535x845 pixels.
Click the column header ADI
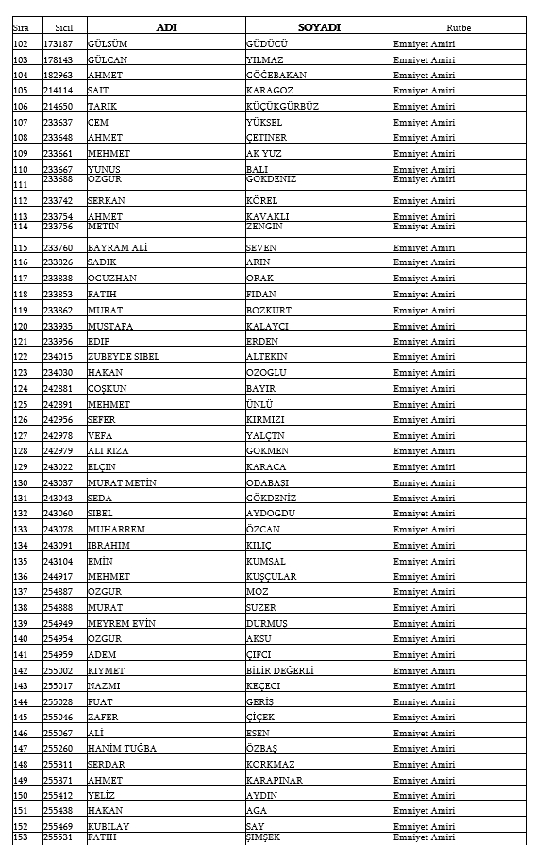coord(165,27)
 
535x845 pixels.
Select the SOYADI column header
coord(319,27)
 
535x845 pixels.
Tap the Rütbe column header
coord(459,28)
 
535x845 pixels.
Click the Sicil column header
coord(64,28)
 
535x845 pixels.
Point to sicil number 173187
coord(58,44)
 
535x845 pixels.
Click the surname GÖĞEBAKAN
coord(278,76)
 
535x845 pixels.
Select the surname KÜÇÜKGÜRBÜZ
coord(282,107)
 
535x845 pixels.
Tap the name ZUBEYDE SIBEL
coord(124,357)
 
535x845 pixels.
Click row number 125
coord(21,404)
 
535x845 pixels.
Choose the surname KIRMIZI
coord(267,420)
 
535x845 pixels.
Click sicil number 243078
coord(58,530)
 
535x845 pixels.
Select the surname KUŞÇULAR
coord(271,577)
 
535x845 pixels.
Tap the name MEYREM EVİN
coord(122,624)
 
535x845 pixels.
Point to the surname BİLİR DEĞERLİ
coord(280,671)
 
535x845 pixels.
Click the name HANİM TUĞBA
coord(122,749)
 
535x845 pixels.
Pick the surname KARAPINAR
coord(275,781)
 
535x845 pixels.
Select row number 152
coord(21,827)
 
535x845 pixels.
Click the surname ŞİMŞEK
coord(264,837)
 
